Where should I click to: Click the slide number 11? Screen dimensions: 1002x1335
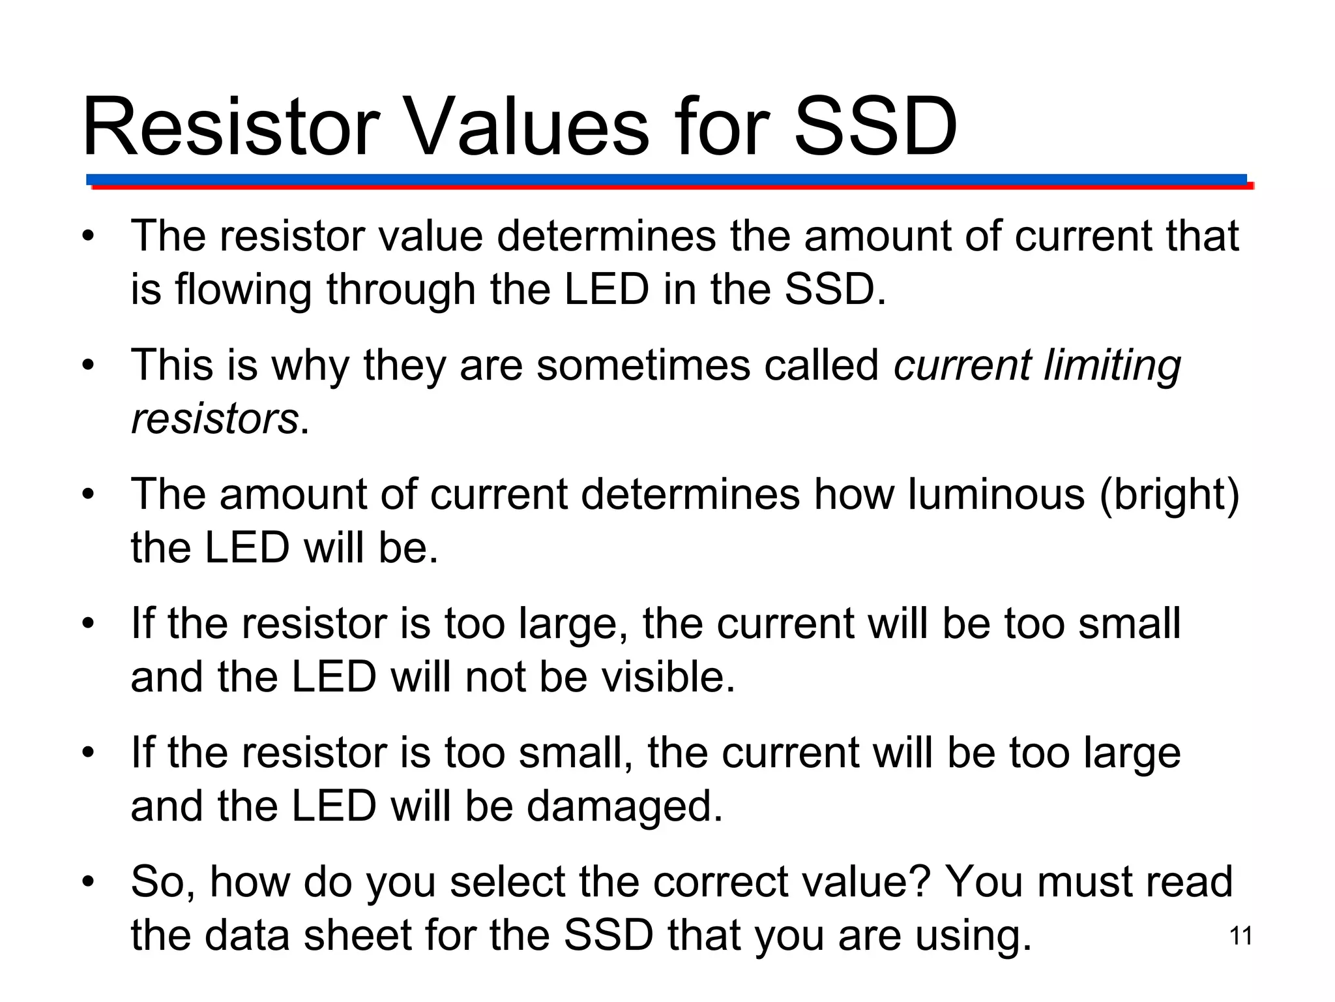(1240, 936)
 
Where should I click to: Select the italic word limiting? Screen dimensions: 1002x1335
(1112, 365)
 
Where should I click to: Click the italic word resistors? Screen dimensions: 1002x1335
(214, 419)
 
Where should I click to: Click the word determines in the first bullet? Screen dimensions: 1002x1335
(606, 235)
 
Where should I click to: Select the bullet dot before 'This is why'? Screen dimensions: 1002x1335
(88, 365)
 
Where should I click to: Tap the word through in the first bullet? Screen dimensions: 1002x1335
(401, 290)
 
